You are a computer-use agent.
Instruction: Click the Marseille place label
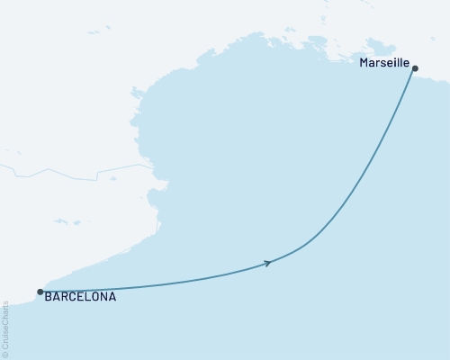coord(384,65)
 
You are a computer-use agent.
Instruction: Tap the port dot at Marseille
coord(414,67)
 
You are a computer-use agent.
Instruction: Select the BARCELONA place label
coord(80,296)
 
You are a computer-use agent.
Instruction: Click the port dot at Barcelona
coord(40,292)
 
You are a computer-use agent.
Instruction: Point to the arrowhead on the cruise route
coord(267,263)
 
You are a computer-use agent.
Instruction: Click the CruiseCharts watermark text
coord(6,325)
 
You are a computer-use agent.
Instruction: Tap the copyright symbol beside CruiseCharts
coord(6,354)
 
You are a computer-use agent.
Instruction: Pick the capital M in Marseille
coord(364,65)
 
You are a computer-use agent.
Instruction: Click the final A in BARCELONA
coord(112,296)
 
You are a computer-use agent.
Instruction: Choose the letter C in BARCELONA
coord(74,296)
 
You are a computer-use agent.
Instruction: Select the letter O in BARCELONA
coord(95,296)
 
